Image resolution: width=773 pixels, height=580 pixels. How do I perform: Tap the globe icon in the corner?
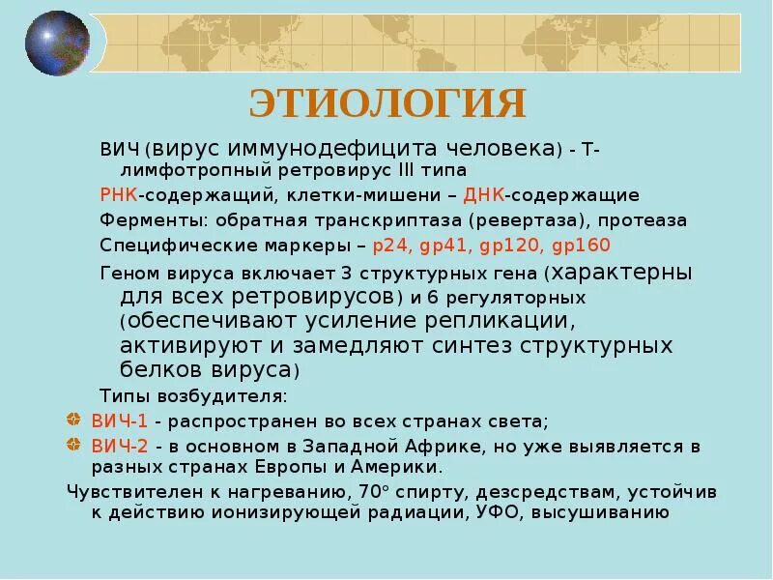(x=56, y=43)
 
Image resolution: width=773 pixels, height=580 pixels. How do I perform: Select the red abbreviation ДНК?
(x=484, y=195)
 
